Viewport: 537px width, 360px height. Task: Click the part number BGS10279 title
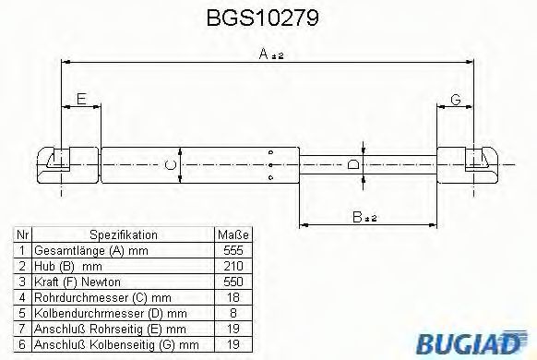click(263, 18)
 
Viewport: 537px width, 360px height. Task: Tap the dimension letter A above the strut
click(263, 54)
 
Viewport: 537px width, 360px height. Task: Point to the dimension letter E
click(81, 99)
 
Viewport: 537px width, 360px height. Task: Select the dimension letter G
click(456, 100)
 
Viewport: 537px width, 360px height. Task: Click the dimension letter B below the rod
click(357, 217)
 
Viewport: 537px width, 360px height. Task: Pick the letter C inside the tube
click(170, 165)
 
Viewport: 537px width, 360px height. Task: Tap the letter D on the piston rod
click(352, 164)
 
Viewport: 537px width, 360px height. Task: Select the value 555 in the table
click(233, 250)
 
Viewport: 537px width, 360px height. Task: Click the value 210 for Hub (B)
click(233, 266)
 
